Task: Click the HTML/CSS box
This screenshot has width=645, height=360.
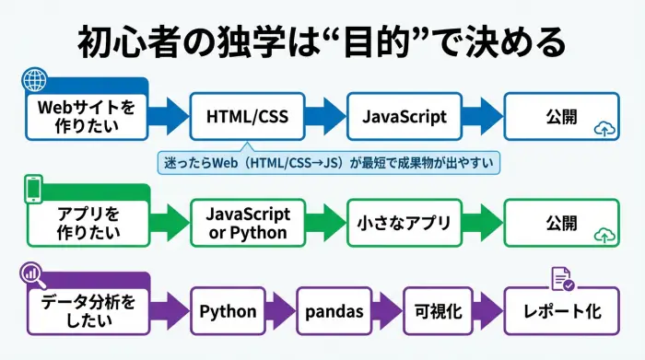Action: [246, 117]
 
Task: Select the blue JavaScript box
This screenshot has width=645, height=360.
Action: [405, 117]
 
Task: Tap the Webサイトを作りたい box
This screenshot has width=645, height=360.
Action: [86, 117]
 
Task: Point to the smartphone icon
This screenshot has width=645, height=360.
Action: [34, 188]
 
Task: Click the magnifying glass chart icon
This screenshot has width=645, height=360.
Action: [33, 273]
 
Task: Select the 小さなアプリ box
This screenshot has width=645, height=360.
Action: [405, 223]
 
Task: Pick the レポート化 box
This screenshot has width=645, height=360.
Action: [562, 311]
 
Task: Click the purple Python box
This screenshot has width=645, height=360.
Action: [228, 311]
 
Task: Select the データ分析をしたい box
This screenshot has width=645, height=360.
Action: [86, 311]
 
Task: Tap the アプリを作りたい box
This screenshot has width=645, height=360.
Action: [86, 223]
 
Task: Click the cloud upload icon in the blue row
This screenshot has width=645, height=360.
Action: [605, 129]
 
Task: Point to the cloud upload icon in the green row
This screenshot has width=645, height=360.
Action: [605, 236]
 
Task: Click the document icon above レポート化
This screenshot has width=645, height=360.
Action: [562, 277]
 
